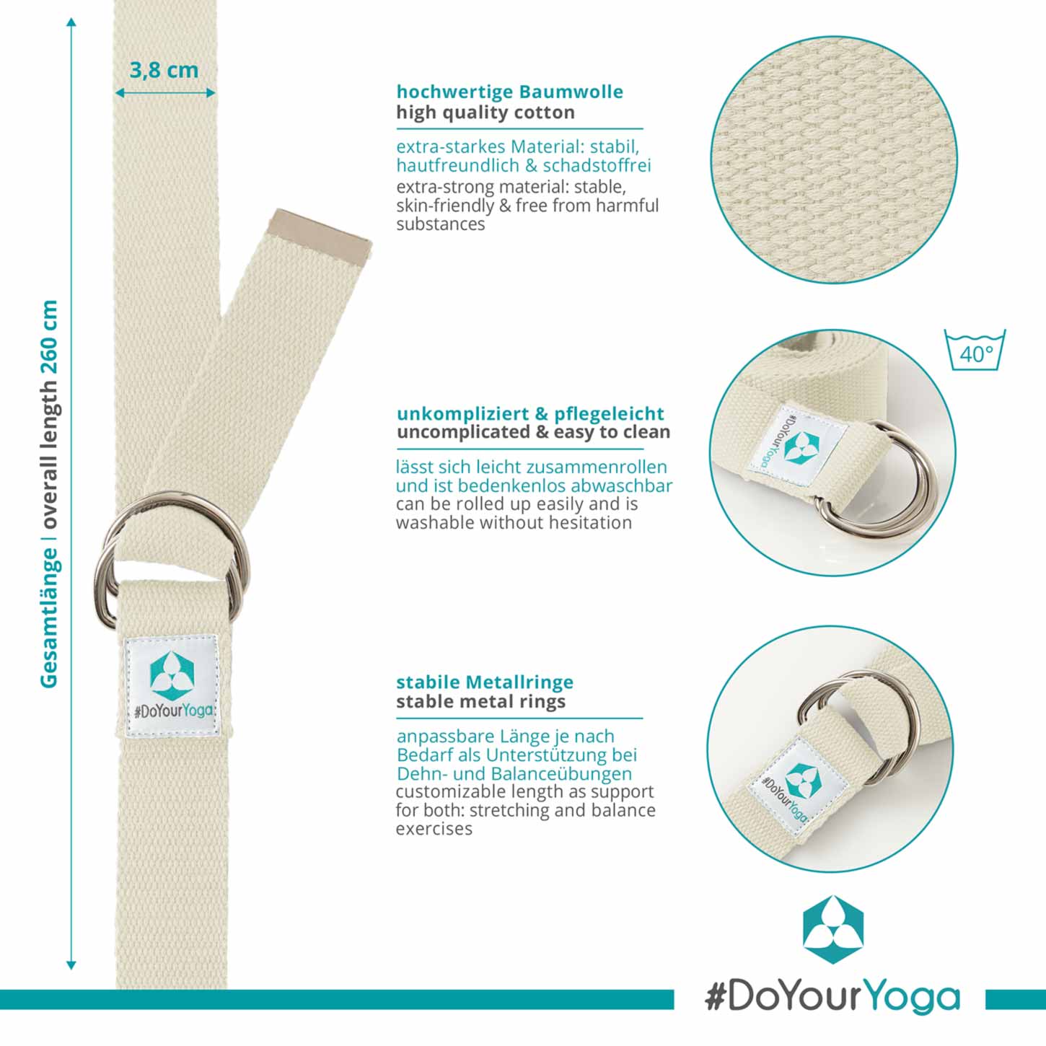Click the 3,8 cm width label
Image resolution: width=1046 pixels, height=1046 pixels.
coord(164,71)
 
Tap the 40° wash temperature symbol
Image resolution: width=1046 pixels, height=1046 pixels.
coord(975,350)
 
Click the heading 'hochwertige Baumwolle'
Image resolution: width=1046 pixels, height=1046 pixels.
coord(510,92)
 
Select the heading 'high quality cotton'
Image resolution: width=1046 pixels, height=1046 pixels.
coord(485,113)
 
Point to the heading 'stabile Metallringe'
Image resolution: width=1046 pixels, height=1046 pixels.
coord(485,682)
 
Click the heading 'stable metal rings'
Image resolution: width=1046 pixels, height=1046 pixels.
coord(480,701)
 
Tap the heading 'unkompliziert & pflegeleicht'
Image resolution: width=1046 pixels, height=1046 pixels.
coord(530,413)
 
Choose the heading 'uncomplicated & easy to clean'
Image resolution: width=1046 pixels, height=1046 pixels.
coord(533,432)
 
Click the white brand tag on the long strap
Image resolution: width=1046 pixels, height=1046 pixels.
coord(172,686)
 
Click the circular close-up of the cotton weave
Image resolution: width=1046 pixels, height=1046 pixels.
coord(833,159)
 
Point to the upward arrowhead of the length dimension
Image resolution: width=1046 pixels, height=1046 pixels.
coord(71,22)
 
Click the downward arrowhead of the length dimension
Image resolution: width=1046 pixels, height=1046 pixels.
coord(71,964)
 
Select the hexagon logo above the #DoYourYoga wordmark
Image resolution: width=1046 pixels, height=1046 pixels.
coord(832,928)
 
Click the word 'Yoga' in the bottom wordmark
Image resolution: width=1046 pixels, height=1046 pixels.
coord(913,998)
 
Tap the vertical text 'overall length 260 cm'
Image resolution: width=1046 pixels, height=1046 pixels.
coord(49,414)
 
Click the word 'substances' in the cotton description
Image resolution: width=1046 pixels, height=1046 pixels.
coord(440,224)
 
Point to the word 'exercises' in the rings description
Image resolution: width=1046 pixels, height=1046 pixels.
coord(434,829)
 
